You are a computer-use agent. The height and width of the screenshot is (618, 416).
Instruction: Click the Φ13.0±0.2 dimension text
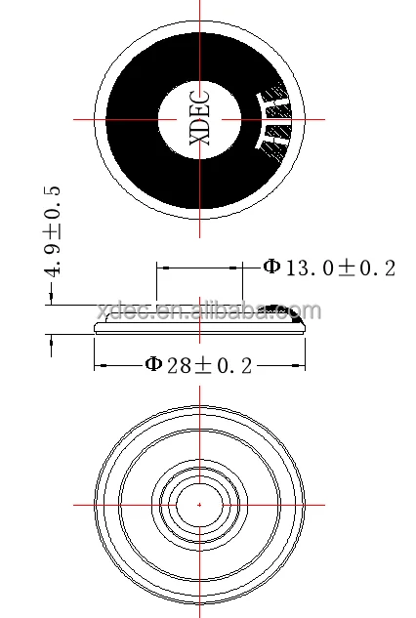329,268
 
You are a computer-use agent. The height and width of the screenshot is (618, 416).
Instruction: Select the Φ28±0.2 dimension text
200,365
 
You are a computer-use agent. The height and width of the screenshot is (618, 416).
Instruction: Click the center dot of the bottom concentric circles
199,504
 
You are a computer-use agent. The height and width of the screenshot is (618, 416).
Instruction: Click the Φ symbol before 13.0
272,268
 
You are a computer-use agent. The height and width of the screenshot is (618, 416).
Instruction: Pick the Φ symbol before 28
153,365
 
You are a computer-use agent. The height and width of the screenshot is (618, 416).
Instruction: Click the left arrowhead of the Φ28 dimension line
99,366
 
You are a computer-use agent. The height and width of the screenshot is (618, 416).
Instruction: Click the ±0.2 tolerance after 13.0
366,268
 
